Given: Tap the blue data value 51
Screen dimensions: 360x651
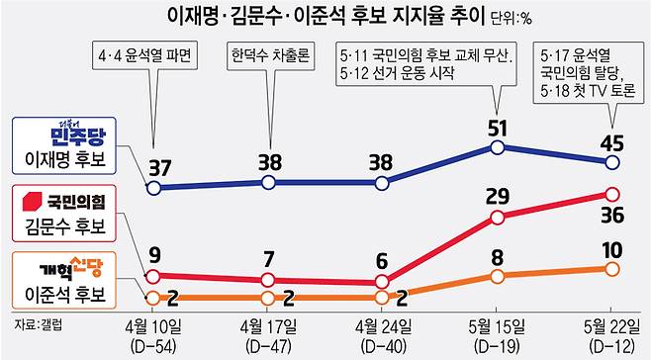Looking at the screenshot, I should [x=501, y=128].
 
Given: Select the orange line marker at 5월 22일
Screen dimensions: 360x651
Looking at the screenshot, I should [x=612, y=268].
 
